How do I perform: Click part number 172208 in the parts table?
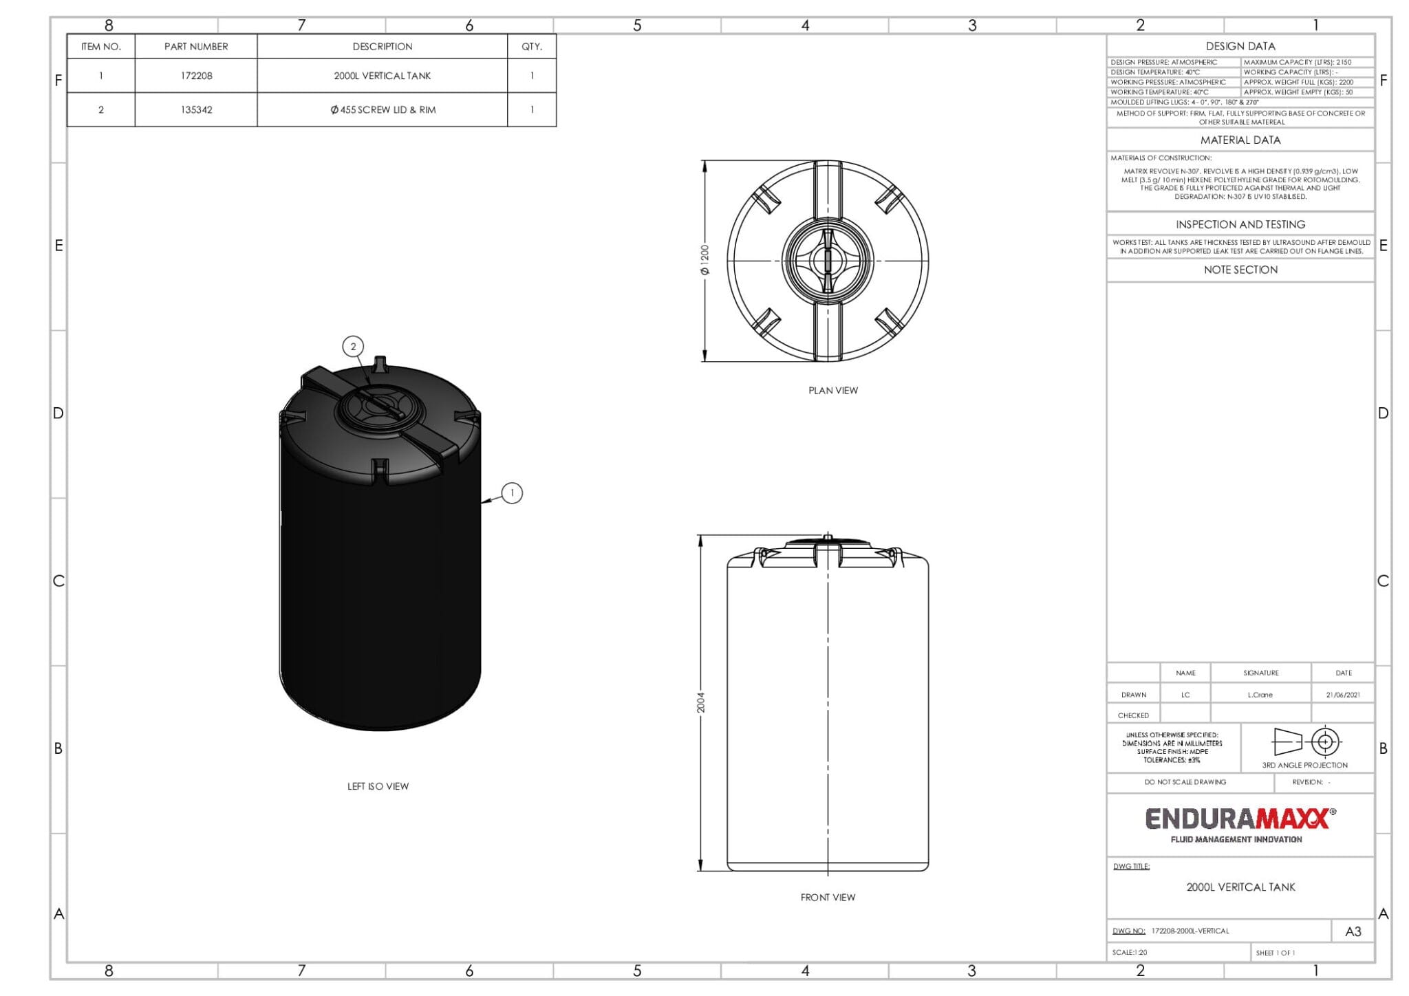(196, 76)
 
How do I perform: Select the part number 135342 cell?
(196, 110)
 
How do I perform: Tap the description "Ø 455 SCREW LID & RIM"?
(383, 110)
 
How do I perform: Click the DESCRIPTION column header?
(383, 47)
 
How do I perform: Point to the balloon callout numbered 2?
(354, 347)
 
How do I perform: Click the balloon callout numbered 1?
(512, 493)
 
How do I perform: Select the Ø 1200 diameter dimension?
(704, 260)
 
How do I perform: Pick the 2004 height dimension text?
(700, 702)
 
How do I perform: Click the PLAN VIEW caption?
(832, 391)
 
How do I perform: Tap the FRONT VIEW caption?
(828, 898)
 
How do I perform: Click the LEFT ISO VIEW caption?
(378, 786)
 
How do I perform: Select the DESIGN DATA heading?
(1240, 46)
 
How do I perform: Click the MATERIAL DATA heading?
(1240, 140)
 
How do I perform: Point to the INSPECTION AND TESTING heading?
(1240, 225)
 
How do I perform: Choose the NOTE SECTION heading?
(1240, 270)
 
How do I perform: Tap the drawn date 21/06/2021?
(1343, 695)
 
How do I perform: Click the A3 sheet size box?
(1353, 932)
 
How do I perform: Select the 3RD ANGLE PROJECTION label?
(1304, 766)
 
